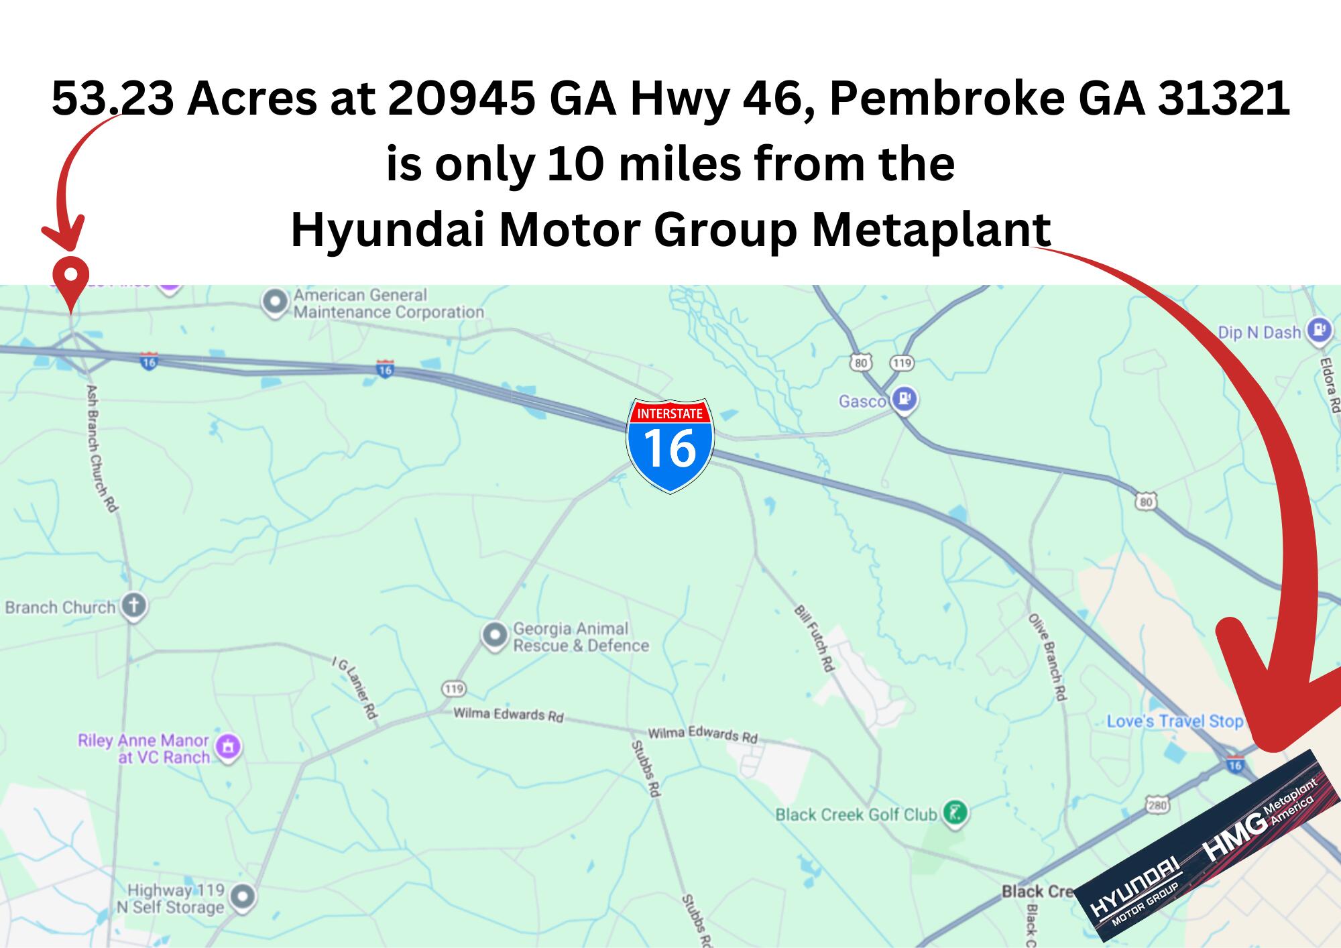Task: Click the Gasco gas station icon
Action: pyautogui.click(x=905, y=400)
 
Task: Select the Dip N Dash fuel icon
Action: pyautogui.click(x=1320, y=331)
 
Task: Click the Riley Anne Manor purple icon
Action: pyautogui.click(x=229, y=746)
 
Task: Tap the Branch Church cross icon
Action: pyautogui.click(x=134, y=606)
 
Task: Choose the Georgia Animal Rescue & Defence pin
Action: pyautogui.click(x=495, y=634)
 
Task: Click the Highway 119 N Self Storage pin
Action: pyautogui.click(x=243, y=896)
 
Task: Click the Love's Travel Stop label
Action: pyautogui.click(x=1175, y=721)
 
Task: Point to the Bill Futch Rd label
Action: pyautogui.click(x=814, y=638)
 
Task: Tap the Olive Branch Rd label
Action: pyautogui.click(x=1047, y=656)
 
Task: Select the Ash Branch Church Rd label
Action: pyautogui.click(x=102, y=448)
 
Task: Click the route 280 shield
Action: pyautogui.click(x=1158, y=805)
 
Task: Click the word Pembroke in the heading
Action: pyautogui.click(x=947, y=99)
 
